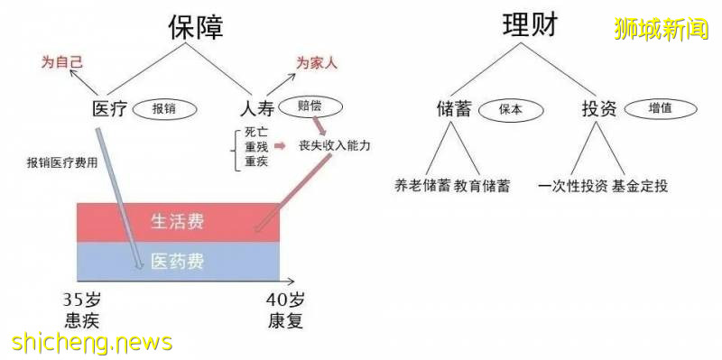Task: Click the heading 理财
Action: (529, 26)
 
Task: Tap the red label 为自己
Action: (60, 62)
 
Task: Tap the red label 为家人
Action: (317, 62)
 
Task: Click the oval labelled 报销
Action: (163, 109)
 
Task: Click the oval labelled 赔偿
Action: (310, 106)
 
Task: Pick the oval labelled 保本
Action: (511, 108)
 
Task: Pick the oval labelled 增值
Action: (660, 108)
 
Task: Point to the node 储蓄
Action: (452, 109)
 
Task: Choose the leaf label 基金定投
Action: (639, 187)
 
